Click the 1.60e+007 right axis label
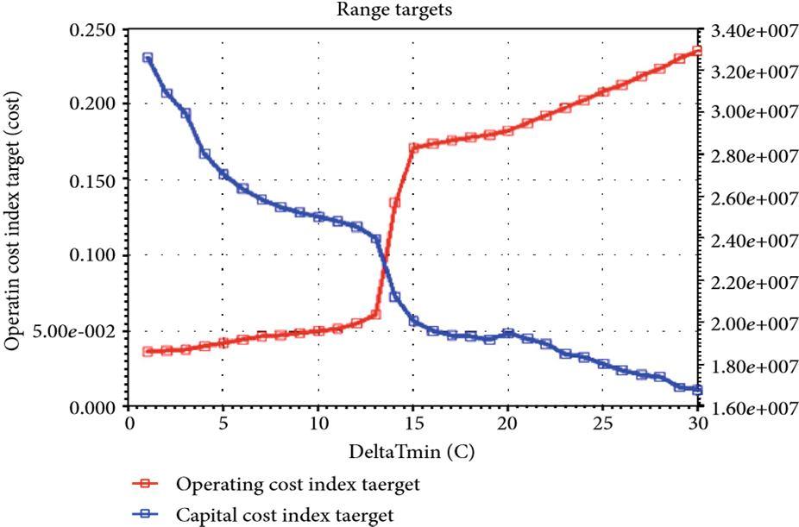(x=750, y=407)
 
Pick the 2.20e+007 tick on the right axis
(x=750, y=282)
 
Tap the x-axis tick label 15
(x=413, y=423)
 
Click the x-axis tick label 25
(x=603, y=423)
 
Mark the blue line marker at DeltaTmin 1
(x=148, y=59)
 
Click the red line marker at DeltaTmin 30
(x=697, y=51)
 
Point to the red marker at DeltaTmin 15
(x=413, y=148)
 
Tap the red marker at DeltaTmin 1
(x=148, y=352)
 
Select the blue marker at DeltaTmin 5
(x=223, y=174)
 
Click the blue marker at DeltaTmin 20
(x=508, y=334)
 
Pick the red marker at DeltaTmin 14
(x=394, y=204)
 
